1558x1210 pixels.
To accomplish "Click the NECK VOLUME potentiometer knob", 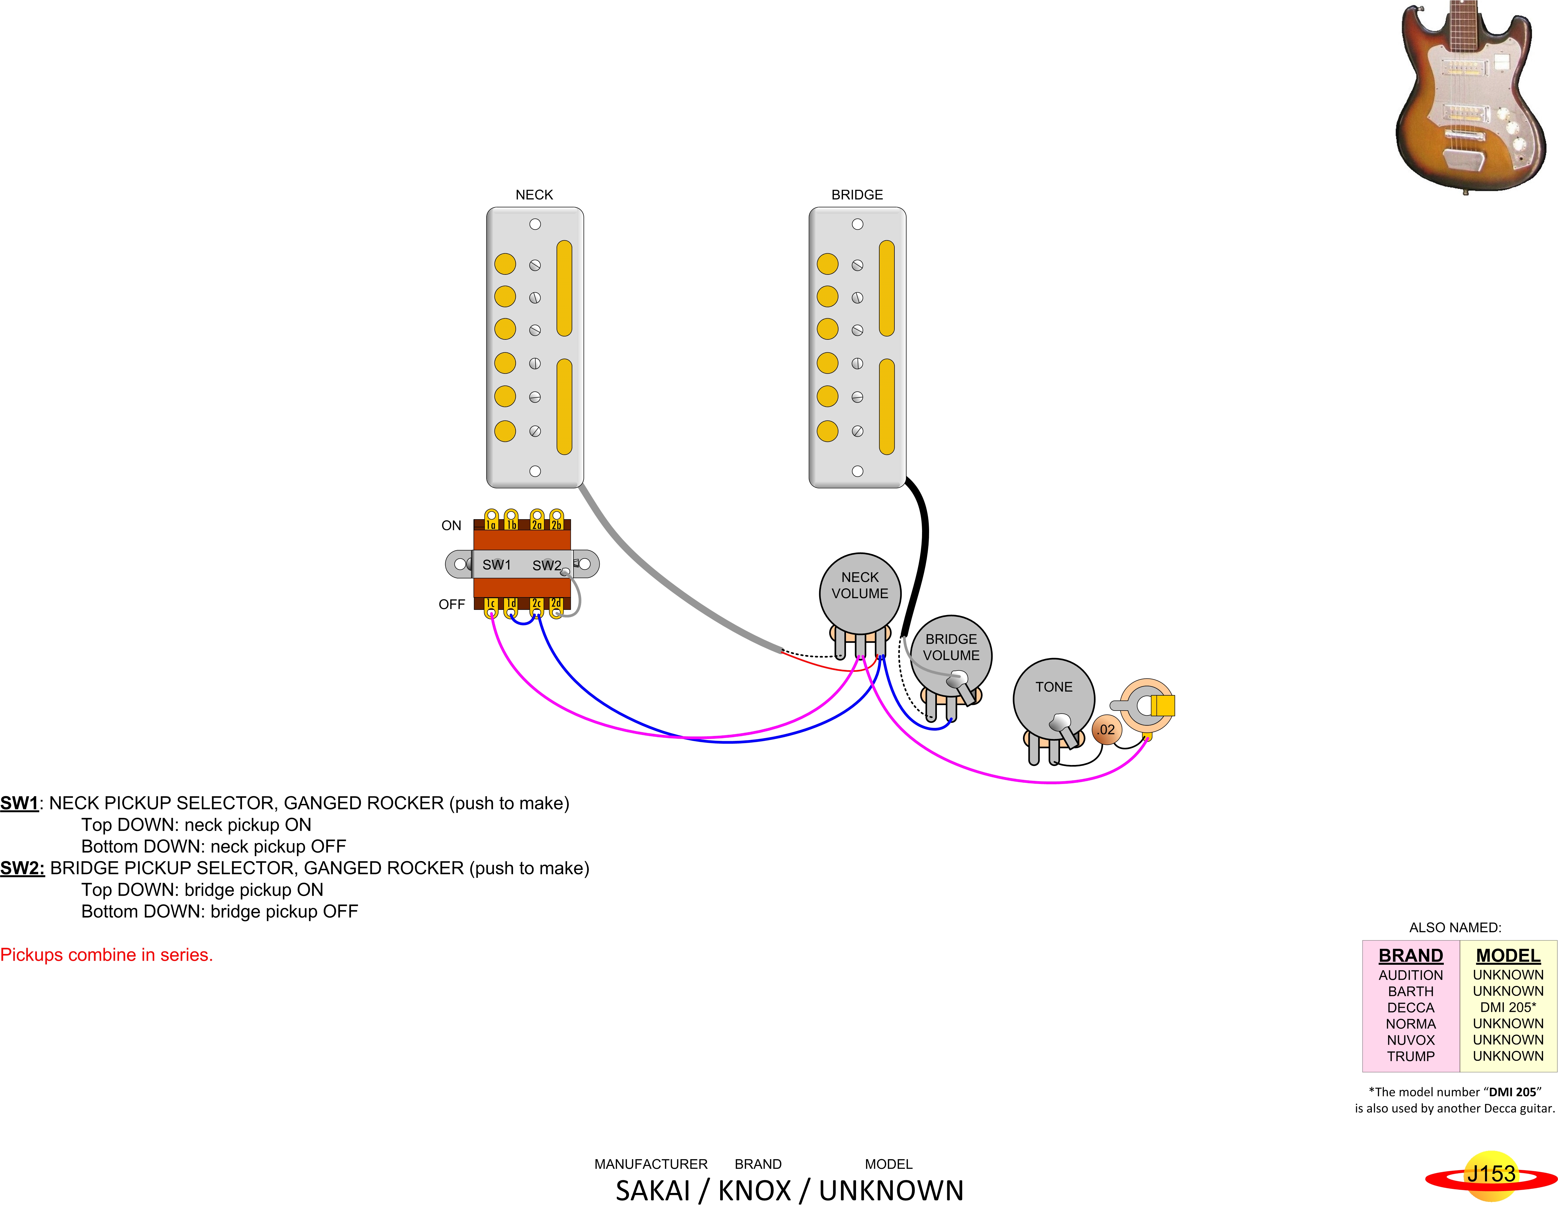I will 860,592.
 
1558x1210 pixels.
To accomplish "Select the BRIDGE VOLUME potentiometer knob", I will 951,653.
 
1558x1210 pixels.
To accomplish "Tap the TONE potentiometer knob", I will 1054,696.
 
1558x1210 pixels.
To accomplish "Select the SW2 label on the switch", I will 546,565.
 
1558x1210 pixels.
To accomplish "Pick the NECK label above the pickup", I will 534,195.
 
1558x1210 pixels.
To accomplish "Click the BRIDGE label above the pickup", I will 857,195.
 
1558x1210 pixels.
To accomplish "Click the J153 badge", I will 1491,1174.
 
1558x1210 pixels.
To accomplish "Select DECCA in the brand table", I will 1410,1007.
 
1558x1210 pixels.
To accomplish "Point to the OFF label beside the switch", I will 452,604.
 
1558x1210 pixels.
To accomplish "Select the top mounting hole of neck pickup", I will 535,224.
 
